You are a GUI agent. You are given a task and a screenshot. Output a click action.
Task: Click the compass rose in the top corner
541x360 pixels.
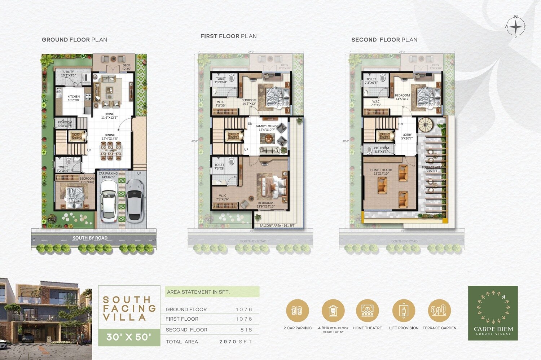[x=516, y=27]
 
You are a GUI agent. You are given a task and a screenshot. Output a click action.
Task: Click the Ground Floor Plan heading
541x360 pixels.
[x=74, y=40]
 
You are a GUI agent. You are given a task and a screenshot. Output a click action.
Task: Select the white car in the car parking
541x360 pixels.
[x=109, y=200]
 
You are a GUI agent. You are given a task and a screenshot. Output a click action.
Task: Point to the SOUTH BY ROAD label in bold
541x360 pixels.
[x=90, y=238]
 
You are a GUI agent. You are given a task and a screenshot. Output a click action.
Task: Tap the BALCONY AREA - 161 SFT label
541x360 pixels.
[x=277, y=226]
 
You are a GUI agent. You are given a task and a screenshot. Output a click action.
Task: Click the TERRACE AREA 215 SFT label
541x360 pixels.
[x=432, y=169]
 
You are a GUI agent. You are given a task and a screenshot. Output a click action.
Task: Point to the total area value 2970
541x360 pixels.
[x=228, y=342]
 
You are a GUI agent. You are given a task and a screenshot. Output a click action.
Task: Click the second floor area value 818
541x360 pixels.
[x=246, y=330]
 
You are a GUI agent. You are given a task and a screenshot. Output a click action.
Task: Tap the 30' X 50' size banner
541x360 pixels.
[x=129, y=337]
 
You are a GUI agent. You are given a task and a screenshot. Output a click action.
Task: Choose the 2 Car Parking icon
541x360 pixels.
[x=297, y=311]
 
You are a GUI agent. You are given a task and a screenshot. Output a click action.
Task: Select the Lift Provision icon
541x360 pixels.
[x=404, y=311]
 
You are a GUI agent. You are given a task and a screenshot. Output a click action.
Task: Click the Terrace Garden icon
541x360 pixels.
[x=439, y=311]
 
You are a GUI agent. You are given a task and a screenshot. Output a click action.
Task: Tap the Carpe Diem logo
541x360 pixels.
[x=493, y=313]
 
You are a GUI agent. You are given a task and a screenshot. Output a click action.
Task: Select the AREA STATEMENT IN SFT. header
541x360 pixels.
[x=198, y=292]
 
